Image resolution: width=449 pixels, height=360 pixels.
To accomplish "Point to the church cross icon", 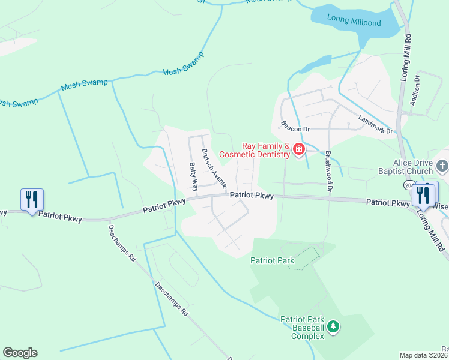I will point(442,165).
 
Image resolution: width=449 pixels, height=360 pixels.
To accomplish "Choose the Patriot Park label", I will point(272,260).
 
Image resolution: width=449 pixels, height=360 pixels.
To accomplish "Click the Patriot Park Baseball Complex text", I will point(303,328).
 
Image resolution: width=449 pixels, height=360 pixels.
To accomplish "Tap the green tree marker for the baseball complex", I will point(333,327).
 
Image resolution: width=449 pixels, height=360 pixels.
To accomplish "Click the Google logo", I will point(20,353).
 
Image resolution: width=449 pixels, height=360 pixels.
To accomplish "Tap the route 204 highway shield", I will point(409,185).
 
